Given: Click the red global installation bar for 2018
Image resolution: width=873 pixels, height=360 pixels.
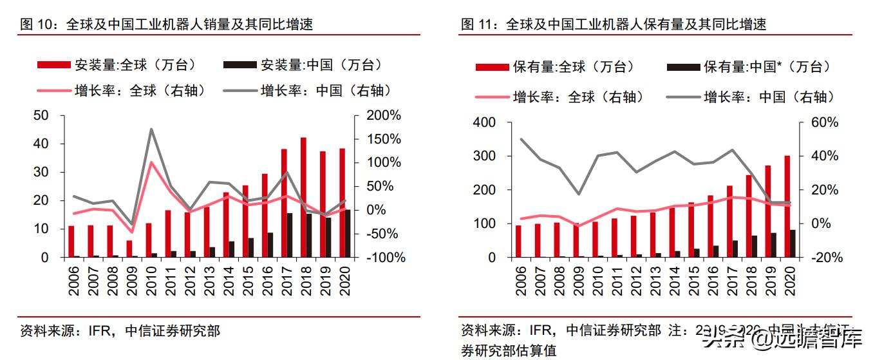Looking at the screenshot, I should tap(303, 196).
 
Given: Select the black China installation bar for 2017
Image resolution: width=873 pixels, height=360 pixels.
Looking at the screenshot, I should tap(290, 234).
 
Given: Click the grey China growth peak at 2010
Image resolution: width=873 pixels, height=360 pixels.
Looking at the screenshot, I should tap(151, 129).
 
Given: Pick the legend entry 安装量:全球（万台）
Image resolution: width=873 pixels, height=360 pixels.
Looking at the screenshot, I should tap(117, 65).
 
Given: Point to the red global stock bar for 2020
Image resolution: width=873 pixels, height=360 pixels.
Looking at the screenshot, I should tap(787, 206).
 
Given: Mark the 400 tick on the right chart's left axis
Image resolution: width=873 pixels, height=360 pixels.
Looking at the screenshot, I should tap(483, 123).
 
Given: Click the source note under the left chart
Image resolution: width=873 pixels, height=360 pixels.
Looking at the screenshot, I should tap(120, 331).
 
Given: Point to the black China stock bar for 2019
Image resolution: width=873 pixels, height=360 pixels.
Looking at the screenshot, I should tap(773, 245).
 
